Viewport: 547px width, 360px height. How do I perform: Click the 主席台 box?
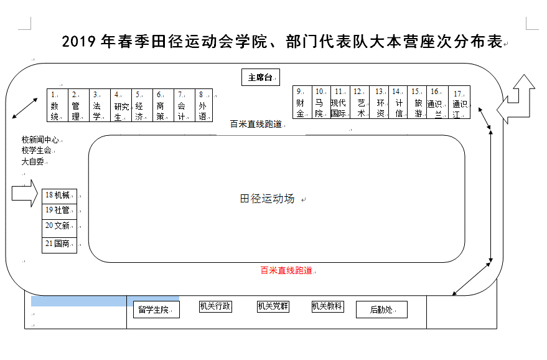pos(260,77)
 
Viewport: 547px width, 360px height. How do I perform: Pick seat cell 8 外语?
pos(203,105)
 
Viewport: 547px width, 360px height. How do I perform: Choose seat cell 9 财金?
pos(301,102)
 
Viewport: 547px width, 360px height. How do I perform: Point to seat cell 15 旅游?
pos(417,102)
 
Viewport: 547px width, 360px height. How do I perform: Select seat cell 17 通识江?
pos(460,102)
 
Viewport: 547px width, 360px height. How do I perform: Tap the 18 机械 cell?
pos(59,196)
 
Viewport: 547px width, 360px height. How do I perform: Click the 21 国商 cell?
pos(59,244)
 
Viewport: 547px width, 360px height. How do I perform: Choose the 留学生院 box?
pos(156,309)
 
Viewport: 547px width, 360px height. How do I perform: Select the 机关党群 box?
pos(273,306)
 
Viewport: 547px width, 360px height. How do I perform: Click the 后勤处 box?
pos(381,309)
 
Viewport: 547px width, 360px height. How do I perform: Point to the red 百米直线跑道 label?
pos(286,270)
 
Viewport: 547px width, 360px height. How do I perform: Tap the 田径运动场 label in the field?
pos(267,199)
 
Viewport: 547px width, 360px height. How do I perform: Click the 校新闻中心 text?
pos(40,140)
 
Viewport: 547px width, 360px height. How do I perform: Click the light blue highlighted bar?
pos(105,301)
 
